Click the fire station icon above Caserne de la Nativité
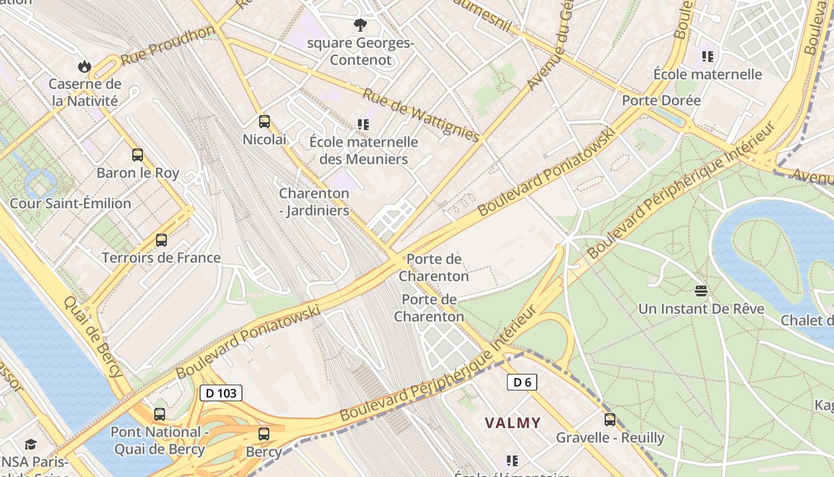coord(85,66)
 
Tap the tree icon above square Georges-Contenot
coord(360,25)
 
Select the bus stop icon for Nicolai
coord(264,122)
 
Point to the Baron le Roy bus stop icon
coord(138,155)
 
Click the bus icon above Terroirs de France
coord(161,240)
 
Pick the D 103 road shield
coord(221,393)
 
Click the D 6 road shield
coord(522,382)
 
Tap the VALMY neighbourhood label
coord(512,423)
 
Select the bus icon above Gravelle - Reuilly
coord(609,419)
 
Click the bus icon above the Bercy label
coord(263,434)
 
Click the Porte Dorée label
coord(661,100)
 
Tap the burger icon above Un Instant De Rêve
coord(701,291)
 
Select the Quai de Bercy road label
coord(94,337)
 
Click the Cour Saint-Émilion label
coord(70,203)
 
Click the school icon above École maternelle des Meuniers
coord(363,125)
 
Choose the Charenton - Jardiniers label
coord(314,202)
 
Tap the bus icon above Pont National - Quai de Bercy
coord(159,414)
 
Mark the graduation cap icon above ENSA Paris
coord(30,444)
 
